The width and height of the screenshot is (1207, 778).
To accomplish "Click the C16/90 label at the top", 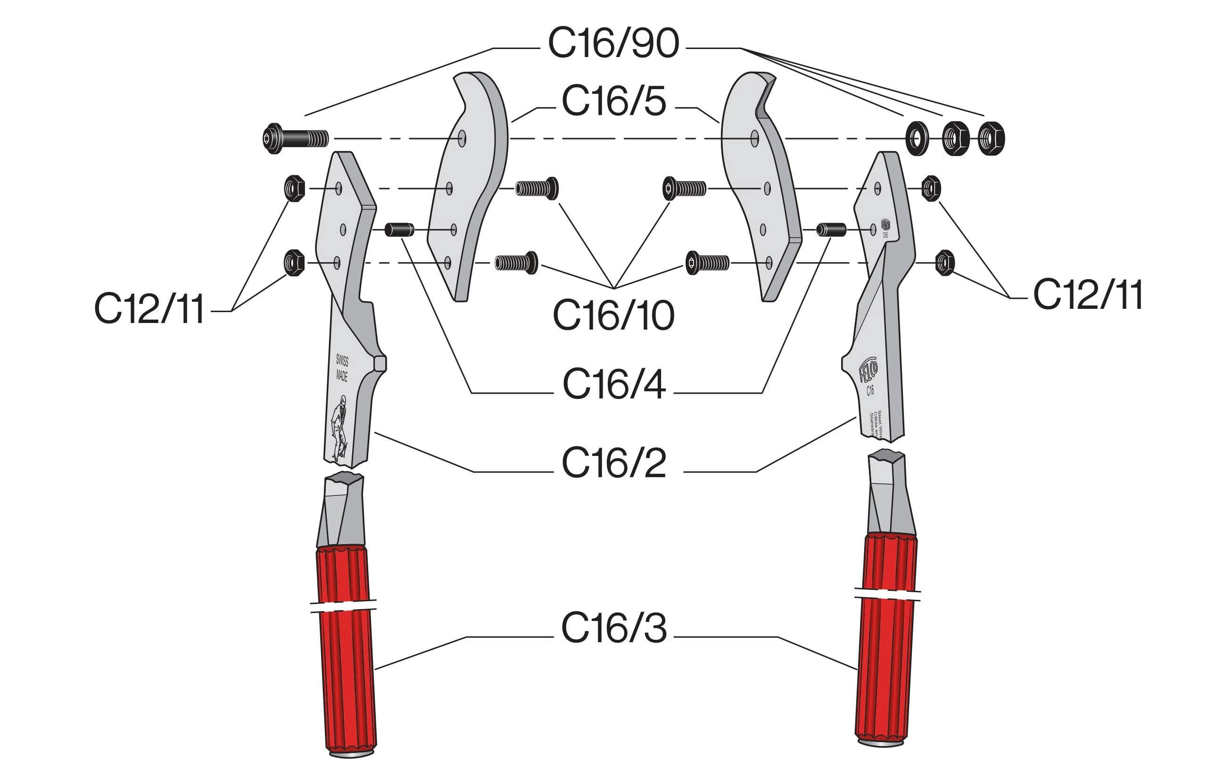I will tap(613, 43).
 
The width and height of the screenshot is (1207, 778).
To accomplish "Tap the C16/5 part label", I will tap(613, 101).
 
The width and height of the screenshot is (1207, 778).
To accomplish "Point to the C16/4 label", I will tap(613, 384).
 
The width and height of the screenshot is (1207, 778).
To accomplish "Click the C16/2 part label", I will tap(613, 462).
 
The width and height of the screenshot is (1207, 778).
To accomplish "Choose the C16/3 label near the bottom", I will tap(613, 628).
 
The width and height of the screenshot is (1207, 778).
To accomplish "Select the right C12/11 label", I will tap(1088, 295).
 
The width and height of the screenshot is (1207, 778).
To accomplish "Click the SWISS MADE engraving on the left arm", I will tap(342, 367).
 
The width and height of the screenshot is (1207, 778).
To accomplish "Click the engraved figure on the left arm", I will tap(339, 427).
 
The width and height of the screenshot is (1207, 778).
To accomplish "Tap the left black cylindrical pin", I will tap(399, 230).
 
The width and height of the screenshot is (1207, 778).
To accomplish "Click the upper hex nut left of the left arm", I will tap(294, 189).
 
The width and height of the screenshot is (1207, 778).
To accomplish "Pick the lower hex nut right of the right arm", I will tap(944, 263).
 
